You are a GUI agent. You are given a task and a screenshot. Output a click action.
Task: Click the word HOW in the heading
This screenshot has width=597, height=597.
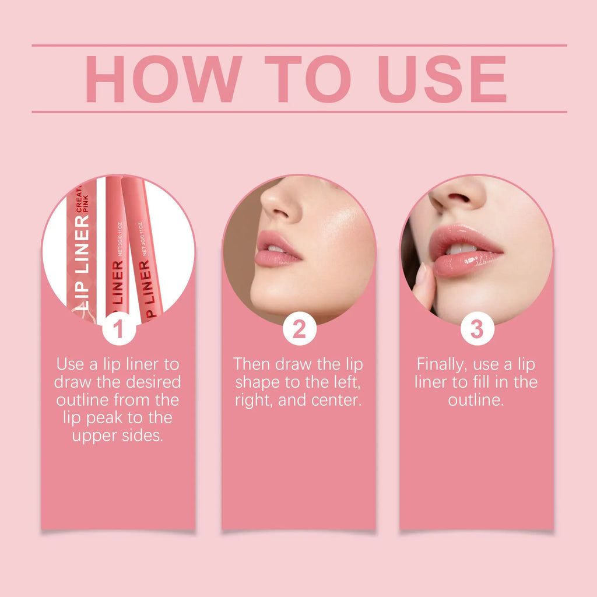point(163,79)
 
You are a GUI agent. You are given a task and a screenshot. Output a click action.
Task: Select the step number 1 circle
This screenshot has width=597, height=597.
point(118,329)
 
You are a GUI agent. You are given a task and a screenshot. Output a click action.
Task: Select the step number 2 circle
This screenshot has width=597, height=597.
point(299,329)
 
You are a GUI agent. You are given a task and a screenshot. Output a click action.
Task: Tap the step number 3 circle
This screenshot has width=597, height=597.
point(477,329)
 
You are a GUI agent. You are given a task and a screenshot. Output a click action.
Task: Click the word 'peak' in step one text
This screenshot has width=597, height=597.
point(118,418)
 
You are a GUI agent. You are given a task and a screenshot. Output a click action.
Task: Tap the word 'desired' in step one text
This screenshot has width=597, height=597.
point(153,382)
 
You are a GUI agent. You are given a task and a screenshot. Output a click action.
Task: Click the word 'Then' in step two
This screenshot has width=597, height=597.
point(251,364)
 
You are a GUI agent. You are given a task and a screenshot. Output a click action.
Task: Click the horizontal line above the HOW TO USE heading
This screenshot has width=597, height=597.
point(298,45)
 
